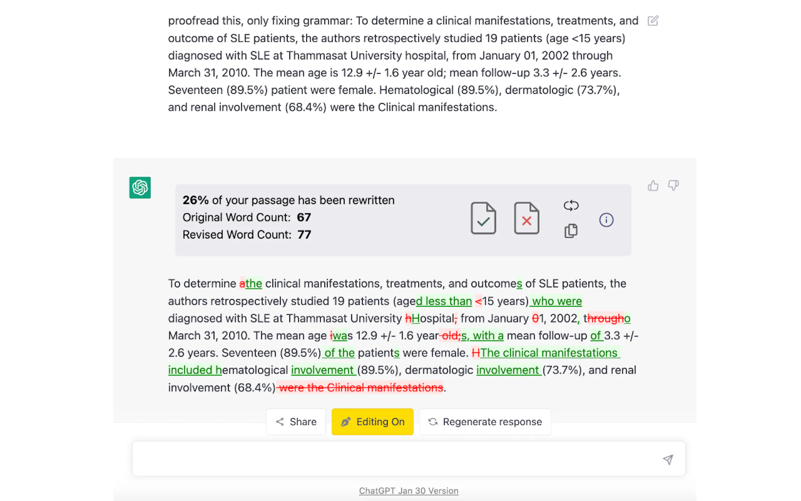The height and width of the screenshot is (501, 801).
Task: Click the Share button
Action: tap(296, 422)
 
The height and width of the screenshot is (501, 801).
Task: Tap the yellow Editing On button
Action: tap(372, 422)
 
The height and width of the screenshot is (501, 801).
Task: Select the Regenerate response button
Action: tap(485, 422)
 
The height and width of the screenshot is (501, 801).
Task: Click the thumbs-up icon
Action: tap(653, 186)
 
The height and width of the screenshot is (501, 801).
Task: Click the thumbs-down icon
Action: tap(673, 185)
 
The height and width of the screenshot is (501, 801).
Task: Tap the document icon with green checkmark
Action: tap(483, 218)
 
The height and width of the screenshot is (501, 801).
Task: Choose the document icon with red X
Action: tap(526, 218)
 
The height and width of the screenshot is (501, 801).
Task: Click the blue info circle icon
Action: tap(606, 220)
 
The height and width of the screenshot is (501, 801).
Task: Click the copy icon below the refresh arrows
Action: tap(571, 231)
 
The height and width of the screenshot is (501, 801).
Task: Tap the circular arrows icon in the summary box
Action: tap(571, 206)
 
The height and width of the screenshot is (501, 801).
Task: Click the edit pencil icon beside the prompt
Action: tap(653, 21)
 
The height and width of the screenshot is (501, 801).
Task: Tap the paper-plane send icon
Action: tap(668, 460)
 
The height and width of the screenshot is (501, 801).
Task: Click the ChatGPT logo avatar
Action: tap(140, 187)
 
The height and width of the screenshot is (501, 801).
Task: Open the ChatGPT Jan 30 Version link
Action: tap(409, 491)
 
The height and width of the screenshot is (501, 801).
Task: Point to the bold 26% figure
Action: tap(196, 200)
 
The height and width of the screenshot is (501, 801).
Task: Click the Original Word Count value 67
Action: tap(304, 217)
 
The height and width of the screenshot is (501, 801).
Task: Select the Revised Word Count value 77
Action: tap(304, 235)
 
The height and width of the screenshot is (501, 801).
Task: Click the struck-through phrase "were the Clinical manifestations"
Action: tap(361, 387)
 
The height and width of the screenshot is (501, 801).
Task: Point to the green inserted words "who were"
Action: tap(557, 301)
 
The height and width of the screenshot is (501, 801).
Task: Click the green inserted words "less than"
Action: tap(448, 301)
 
